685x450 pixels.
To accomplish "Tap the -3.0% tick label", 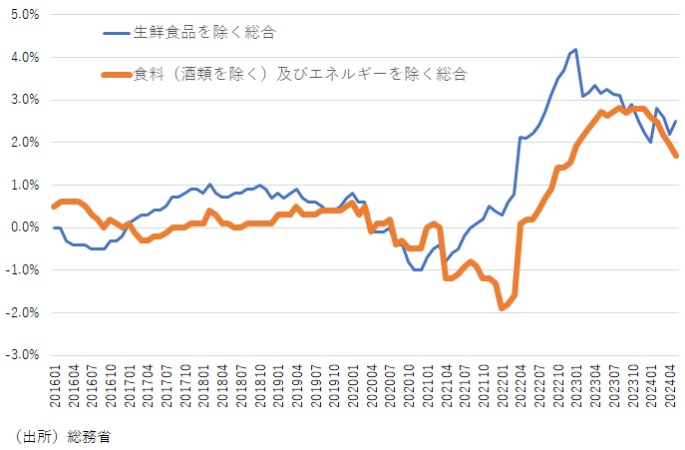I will [21, 354].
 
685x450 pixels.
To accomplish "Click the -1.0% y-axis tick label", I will [21, 269].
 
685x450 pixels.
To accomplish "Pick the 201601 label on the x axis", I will [54, 384].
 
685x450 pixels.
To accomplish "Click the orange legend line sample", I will [123, 73].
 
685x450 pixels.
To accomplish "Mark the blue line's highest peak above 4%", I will [575, 49].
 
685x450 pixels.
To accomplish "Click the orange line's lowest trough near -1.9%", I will [502, 308].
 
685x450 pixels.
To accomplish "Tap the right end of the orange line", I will [677, 156].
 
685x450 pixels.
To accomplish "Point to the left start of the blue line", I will [54, 227].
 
